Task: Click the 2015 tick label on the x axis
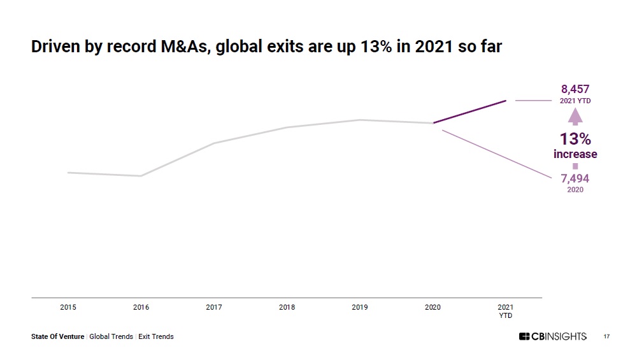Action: point(68,307)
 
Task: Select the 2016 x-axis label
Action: point(141,307)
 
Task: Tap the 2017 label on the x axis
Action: point(214,307)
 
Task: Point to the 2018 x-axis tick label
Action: point(287,307)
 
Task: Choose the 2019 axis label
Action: point(360,307)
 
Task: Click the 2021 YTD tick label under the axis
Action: point(505,311)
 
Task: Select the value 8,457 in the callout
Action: point(575,89)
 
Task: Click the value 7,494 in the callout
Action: point(575,178)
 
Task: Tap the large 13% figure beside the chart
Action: point(575,139)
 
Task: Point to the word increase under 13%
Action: point(575,154)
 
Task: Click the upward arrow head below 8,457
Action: point(575,117)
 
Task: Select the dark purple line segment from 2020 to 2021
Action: point(469,112)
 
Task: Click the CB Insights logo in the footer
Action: point(552,336)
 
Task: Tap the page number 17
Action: point(606,336)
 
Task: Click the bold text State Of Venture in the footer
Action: point(57,336)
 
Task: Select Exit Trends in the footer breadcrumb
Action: point(155,336)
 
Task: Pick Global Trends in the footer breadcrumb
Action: point(111,336)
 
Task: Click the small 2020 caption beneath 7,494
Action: point(575,190)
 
